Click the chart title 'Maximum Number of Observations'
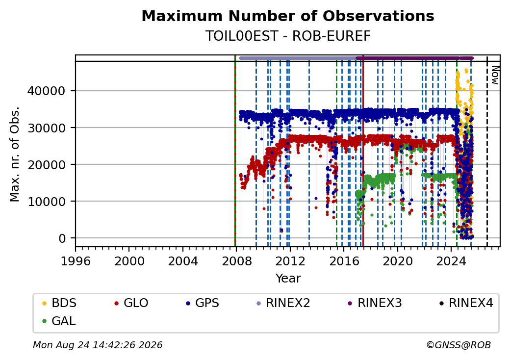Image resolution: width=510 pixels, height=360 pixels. (288, 16)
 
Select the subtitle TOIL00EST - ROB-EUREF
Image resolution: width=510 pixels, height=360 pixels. (288, 36)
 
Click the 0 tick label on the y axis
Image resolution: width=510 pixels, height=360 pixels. (62, 238)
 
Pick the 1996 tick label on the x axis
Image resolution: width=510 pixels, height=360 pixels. (76, 261)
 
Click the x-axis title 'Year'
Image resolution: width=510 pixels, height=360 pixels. (288, 279)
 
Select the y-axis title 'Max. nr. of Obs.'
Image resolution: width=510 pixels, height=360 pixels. (15, 154)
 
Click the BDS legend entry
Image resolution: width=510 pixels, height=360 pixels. (59, 303)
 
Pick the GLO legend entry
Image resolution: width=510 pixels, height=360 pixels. (131, 303)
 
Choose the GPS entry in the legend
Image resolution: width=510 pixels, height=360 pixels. (203, 303)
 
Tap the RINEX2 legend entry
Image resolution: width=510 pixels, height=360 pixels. (283, 303)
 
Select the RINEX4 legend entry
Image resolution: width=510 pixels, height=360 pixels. (466, 303)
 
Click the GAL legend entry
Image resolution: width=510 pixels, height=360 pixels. (59, 321)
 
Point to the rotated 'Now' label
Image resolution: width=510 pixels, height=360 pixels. (495, 75)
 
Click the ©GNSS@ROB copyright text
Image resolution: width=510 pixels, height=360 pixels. (459, 345)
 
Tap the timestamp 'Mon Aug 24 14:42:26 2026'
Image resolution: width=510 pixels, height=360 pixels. (98, 345)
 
